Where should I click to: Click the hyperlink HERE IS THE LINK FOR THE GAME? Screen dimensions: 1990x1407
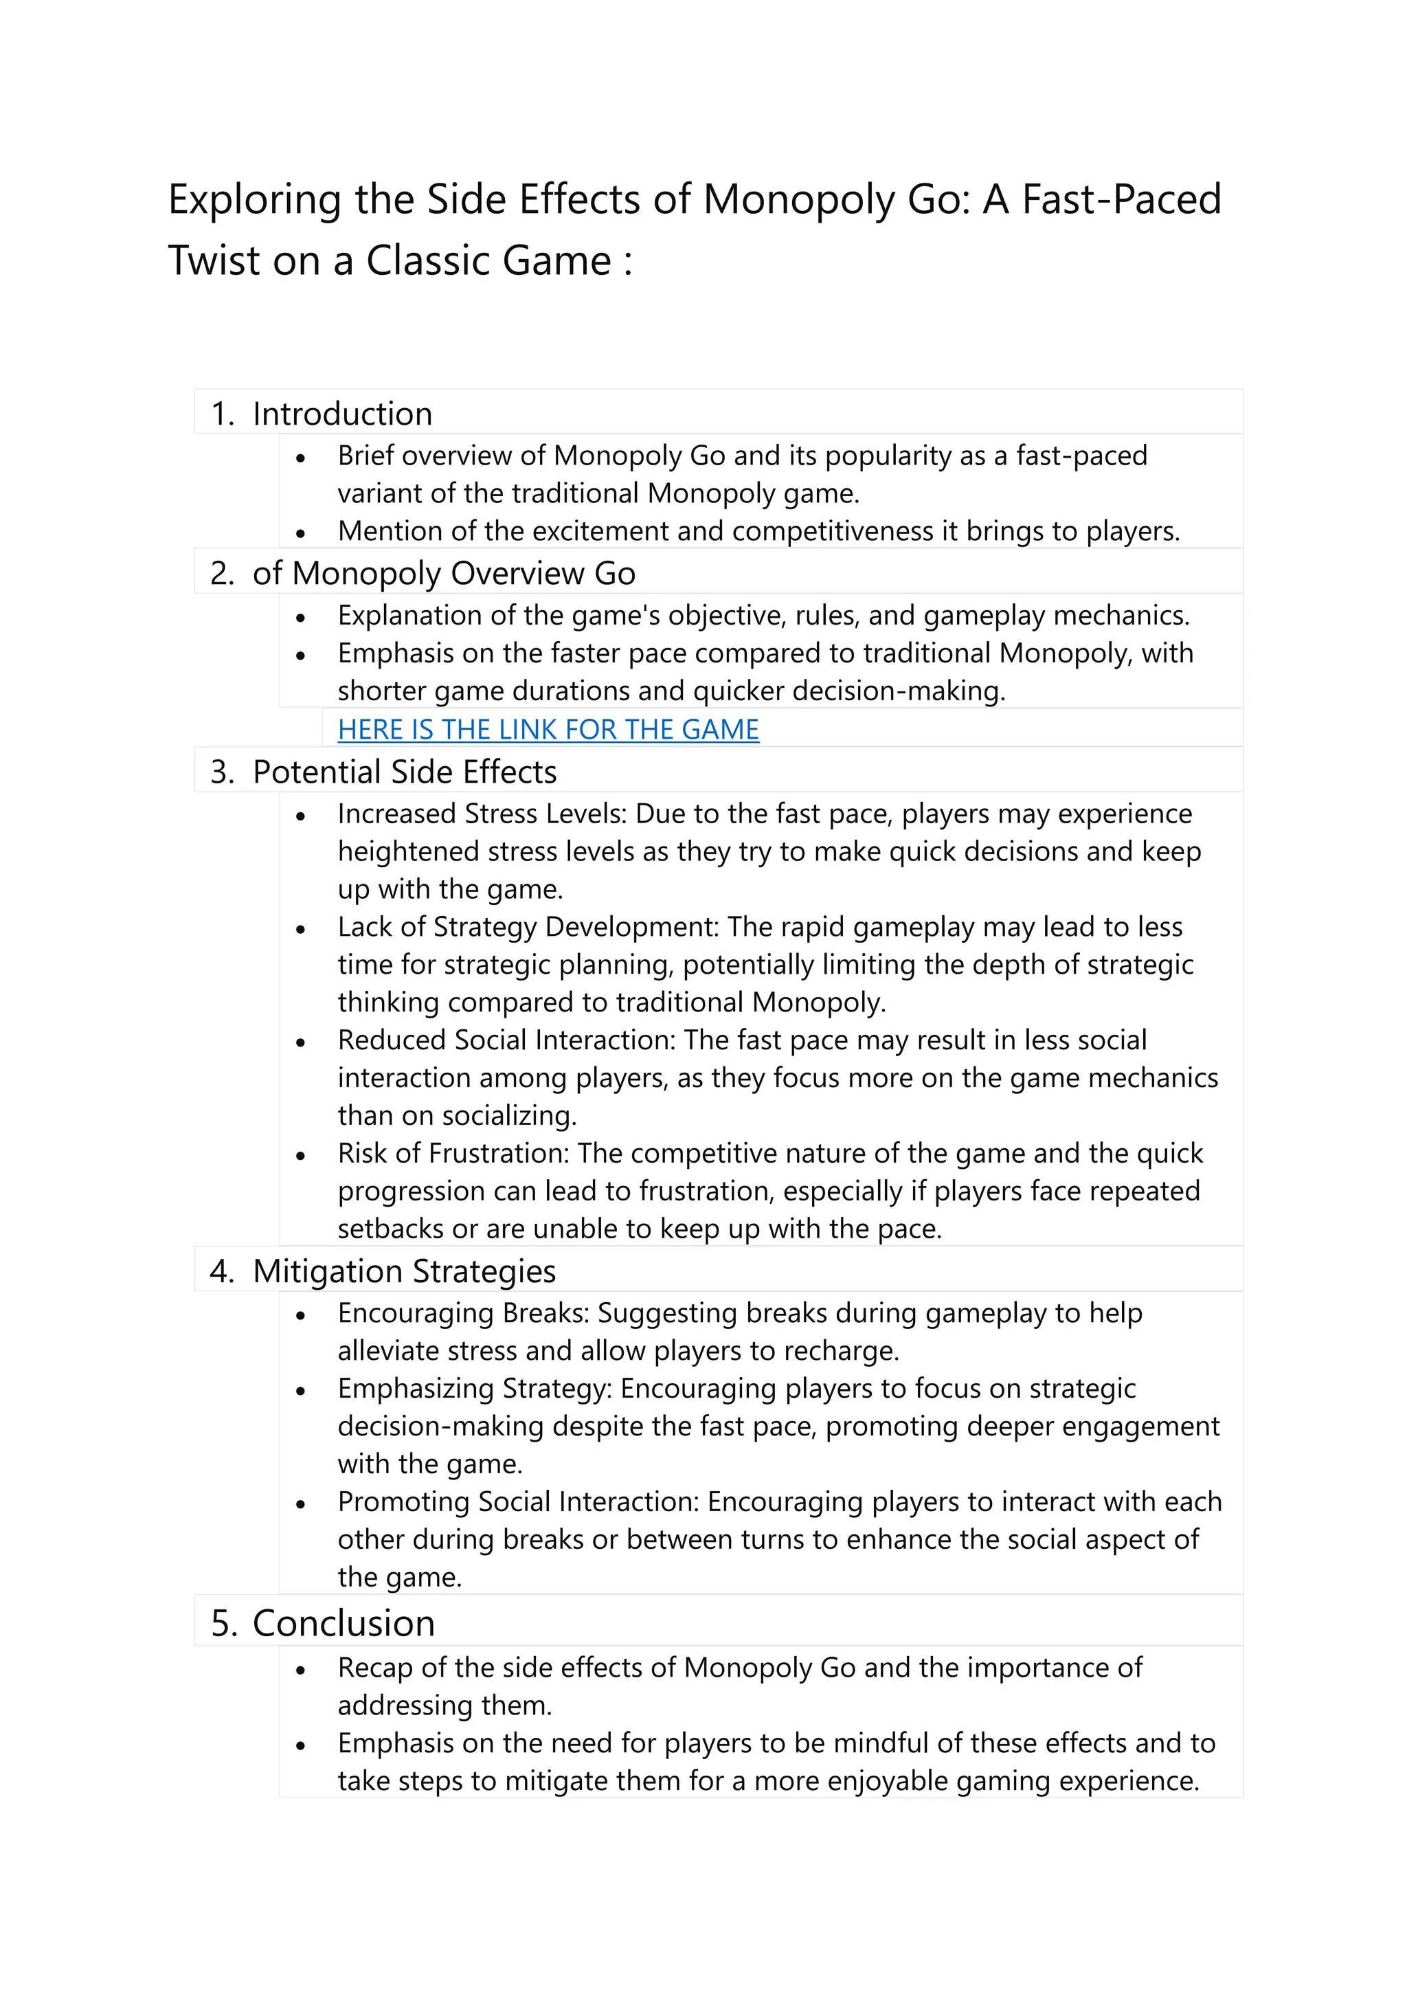(548, 730)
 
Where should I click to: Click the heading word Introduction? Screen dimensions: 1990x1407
(342, 414)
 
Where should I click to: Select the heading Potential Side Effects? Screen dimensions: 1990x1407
(404, 772)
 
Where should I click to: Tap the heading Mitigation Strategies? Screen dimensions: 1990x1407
(404, 1271)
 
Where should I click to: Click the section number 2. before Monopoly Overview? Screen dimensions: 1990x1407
(222, 574)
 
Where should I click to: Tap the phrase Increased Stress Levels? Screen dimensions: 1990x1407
(482, 814)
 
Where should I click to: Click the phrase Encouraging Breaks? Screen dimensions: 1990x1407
(462, 1313)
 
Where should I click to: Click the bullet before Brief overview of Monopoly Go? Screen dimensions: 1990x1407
(301, 458)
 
